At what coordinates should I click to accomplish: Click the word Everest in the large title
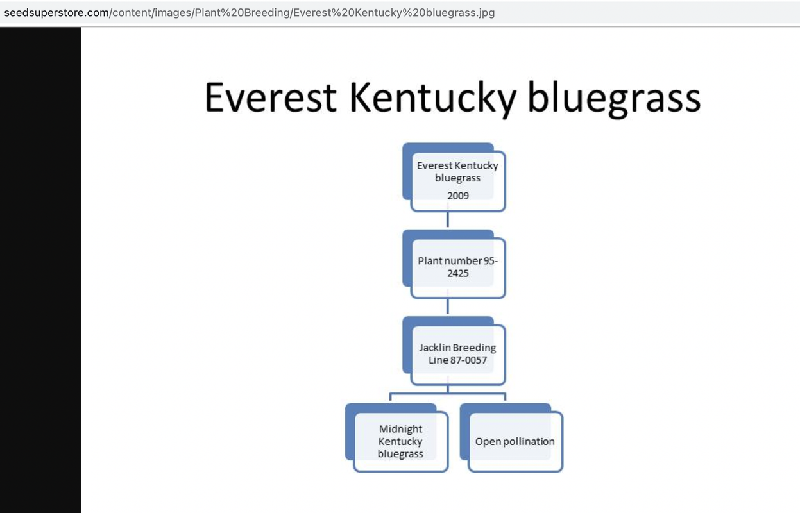[x=270, y=97]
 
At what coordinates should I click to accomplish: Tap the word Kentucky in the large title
[x=433, y=99]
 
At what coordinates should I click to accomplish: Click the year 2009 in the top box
[x=458, y=196]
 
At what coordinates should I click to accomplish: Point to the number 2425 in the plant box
[x=458, y=273]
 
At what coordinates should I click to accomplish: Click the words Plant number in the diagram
[x=449, y=261]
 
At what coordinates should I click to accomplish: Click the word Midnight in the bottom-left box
[x=400, y=429]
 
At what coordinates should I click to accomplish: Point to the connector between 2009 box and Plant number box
[x=448, y=219]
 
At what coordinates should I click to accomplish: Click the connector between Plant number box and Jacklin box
[x=448, y=306]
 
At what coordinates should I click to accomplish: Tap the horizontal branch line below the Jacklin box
[x=448, y=394]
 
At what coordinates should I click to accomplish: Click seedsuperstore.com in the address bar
[x=56, y=13]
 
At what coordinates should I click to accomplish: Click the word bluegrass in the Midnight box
[x=400, y=454]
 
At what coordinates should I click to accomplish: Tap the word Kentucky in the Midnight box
[x=400, y=442]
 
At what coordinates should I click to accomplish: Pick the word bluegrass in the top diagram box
[x=457, y=178]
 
